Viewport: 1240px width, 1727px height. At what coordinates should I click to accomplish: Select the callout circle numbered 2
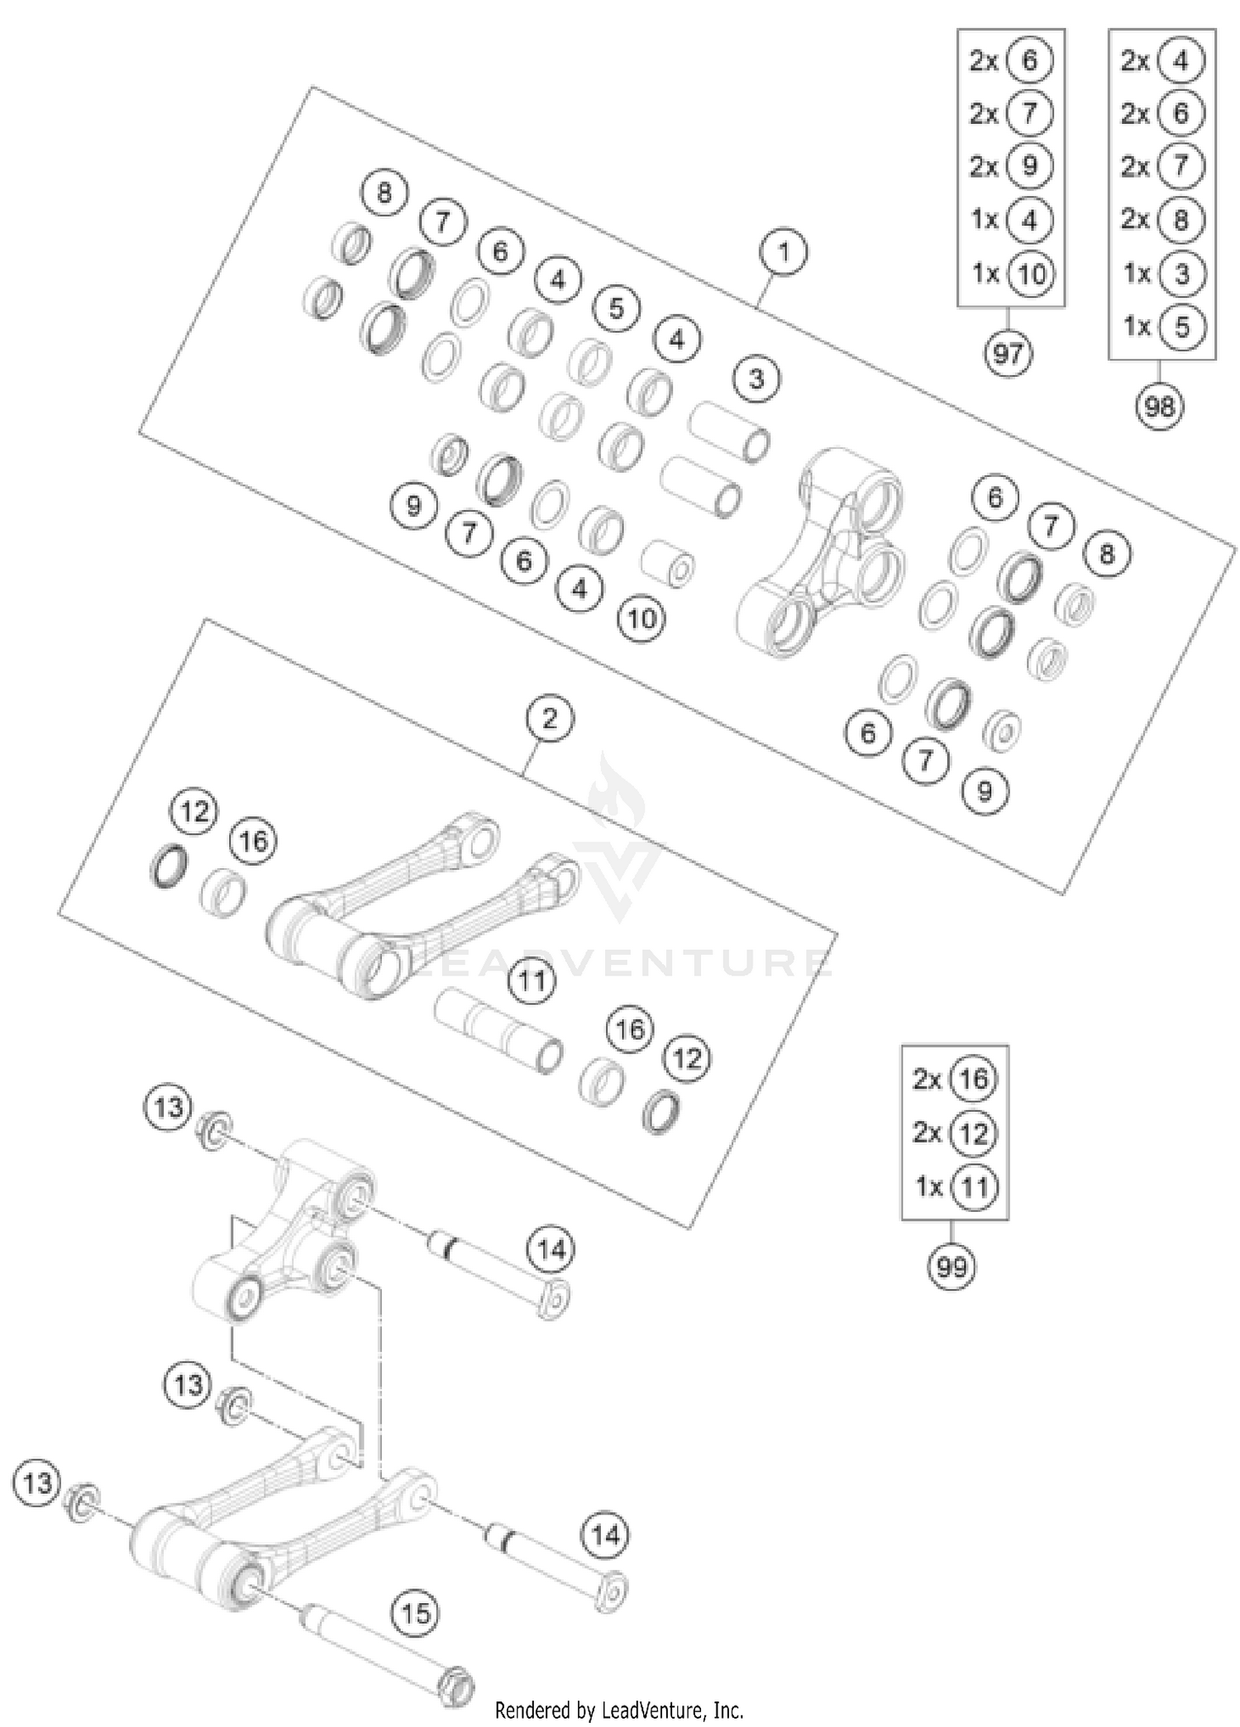[550, 718]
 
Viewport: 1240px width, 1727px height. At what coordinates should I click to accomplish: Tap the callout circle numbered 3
[756, 379]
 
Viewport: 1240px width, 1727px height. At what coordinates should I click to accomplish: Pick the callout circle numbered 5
[616, 308]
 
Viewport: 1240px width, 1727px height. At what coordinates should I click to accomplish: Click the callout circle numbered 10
[642, 618]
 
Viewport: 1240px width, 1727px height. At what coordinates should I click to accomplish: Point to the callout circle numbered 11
[532, 981]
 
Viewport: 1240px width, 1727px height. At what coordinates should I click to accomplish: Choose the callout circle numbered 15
[416, 1613]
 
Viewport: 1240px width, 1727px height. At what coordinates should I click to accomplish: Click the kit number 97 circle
[1008, 354]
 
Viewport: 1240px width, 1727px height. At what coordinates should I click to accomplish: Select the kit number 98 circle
[1159, 407]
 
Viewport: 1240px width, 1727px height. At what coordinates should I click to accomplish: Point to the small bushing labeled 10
[668, 564]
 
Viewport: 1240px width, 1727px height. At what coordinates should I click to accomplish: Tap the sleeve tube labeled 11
[499, 1031]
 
